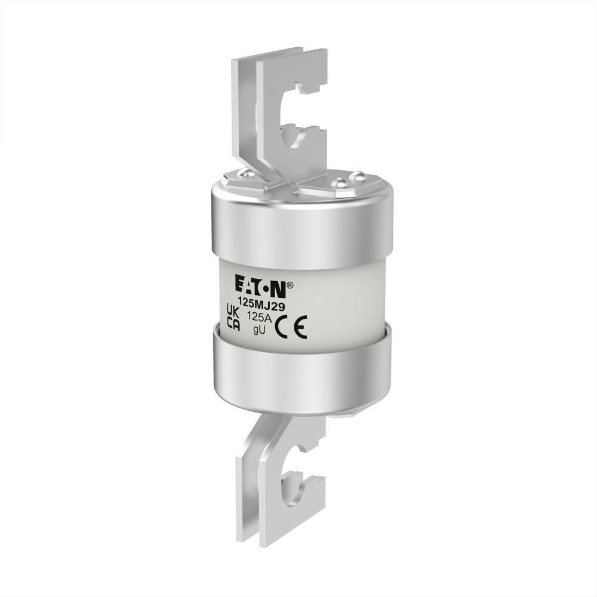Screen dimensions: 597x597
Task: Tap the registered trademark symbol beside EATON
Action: point(290,284)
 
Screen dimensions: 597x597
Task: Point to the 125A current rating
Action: point(259,317)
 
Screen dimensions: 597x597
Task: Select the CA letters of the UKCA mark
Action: point(233,324)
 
